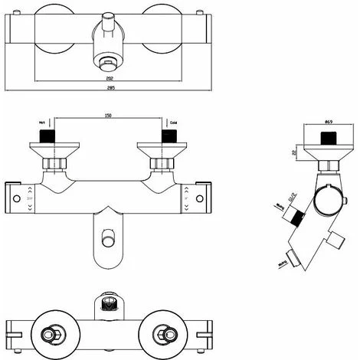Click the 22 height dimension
tap(296, 152)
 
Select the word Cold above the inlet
tap(173, 123)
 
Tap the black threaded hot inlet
tap(50, 136)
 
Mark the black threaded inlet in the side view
tap(328, 139)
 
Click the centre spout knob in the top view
tap(108, 34)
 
